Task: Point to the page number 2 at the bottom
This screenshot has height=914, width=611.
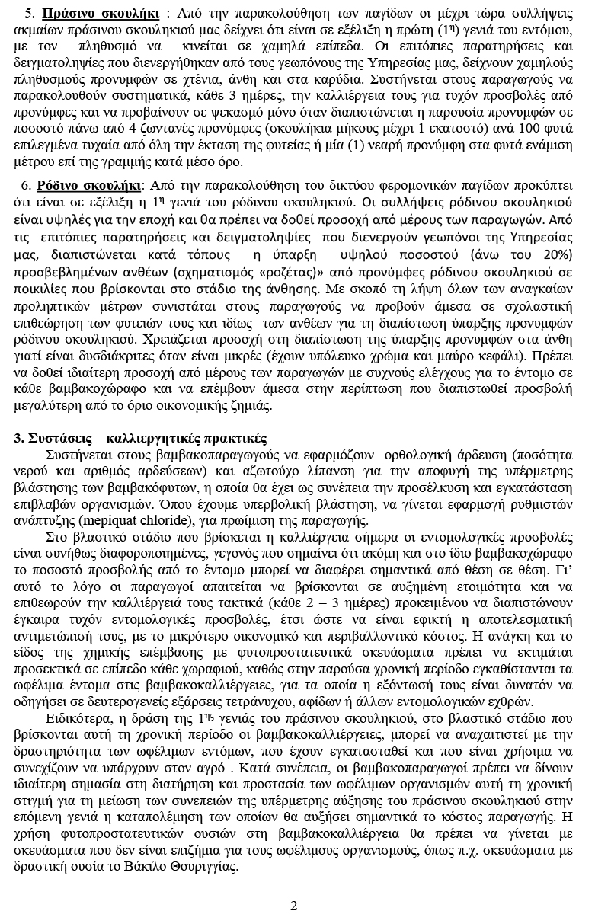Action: coord(294,905)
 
